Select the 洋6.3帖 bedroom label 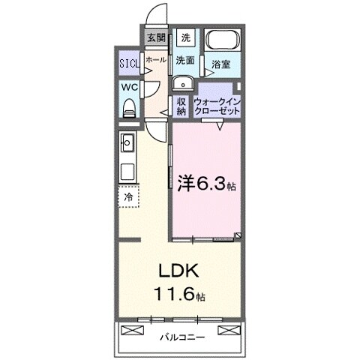click(x=206, y=182)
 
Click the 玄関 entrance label click(x=155, y=37)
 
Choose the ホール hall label click(x=156, y=59)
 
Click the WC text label click(x=127, y=86)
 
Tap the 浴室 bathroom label click(x=220, y=64)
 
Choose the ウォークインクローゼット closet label click(x=217, y=105)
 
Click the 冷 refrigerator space click(x=129, y=196)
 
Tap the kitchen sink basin click(x=127, y=141)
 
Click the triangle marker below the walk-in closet click(x=220, y=127)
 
